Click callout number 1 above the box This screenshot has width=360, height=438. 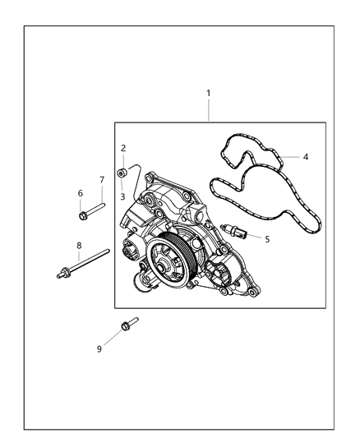[208, 93]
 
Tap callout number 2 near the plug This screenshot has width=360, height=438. [123, 149]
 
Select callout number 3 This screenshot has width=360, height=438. [123, 196]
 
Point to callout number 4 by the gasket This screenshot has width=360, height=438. [306, 155]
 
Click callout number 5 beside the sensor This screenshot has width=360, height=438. [266, 238]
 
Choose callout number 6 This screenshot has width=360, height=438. [81, 193]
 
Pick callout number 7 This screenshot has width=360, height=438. [102, 180]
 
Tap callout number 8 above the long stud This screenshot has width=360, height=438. [79, 245]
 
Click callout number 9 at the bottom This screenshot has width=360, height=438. [100, 348]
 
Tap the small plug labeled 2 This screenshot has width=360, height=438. [122, 173]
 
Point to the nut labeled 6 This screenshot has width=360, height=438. [85, 216]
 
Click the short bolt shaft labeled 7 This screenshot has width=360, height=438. [96, 206]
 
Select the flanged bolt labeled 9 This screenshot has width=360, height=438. [127, 325]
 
